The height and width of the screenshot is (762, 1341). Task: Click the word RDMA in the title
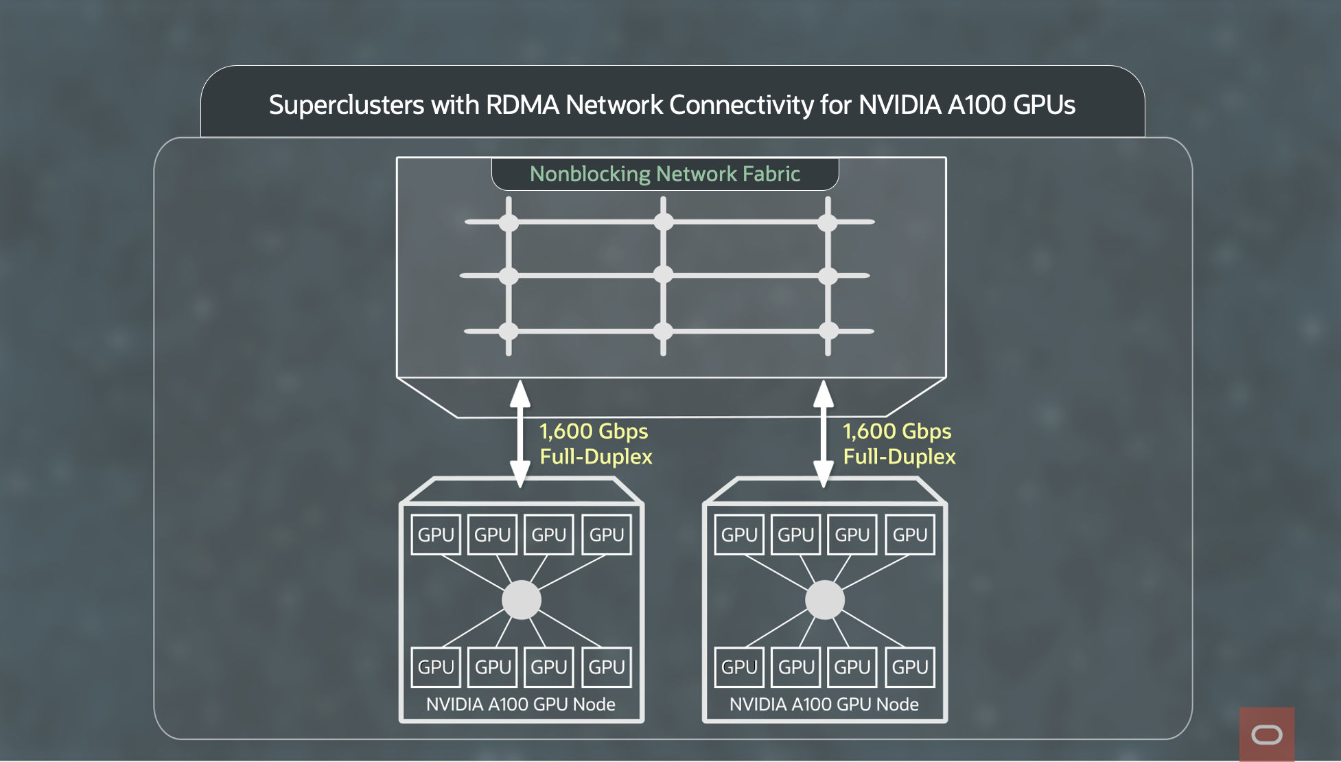(x=522, y=105)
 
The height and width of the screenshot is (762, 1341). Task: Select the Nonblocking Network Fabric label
(x=664, y=174)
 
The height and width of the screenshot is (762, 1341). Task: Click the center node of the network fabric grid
(x=663, y=275)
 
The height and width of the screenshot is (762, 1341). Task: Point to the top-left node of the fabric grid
(x=509, y=222)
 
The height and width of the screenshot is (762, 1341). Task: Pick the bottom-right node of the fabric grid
(x=828, y=331)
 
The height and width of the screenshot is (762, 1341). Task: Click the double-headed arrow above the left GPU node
(x=520, y=434)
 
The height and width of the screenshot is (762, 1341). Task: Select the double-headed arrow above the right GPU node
(x=824, y=434)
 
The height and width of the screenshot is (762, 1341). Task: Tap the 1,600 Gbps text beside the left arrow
(x=594, y=431)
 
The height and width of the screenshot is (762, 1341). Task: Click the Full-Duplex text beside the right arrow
(x=899, y=457)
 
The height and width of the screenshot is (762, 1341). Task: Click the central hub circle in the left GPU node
(x=522, y=600)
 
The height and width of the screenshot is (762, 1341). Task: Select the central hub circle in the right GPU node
(x=825, y=600)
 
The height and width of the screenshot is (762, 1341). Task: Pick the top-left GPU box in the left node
(x=436, y=535)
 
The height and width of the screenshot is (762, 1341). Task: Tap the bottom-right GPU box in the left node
(x=607, y=667)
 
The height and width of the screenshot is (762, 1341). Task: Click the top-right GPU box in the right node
(x=910, y=535)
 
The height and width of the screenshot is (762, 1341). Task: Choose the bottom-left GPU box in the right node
(x=739, y=667)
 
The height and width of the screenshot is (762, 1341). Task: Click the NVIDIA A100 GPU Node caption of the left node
(x=520, y=704)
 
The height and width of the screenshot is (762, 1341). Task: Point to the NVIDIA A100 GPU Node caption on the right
(x=824, y=704)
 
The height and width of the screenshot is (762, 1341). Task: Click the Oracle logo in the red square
(x=1267, y=735)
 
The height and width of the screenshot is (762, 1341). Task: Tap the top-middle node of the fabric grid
(x=663, y=222)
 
